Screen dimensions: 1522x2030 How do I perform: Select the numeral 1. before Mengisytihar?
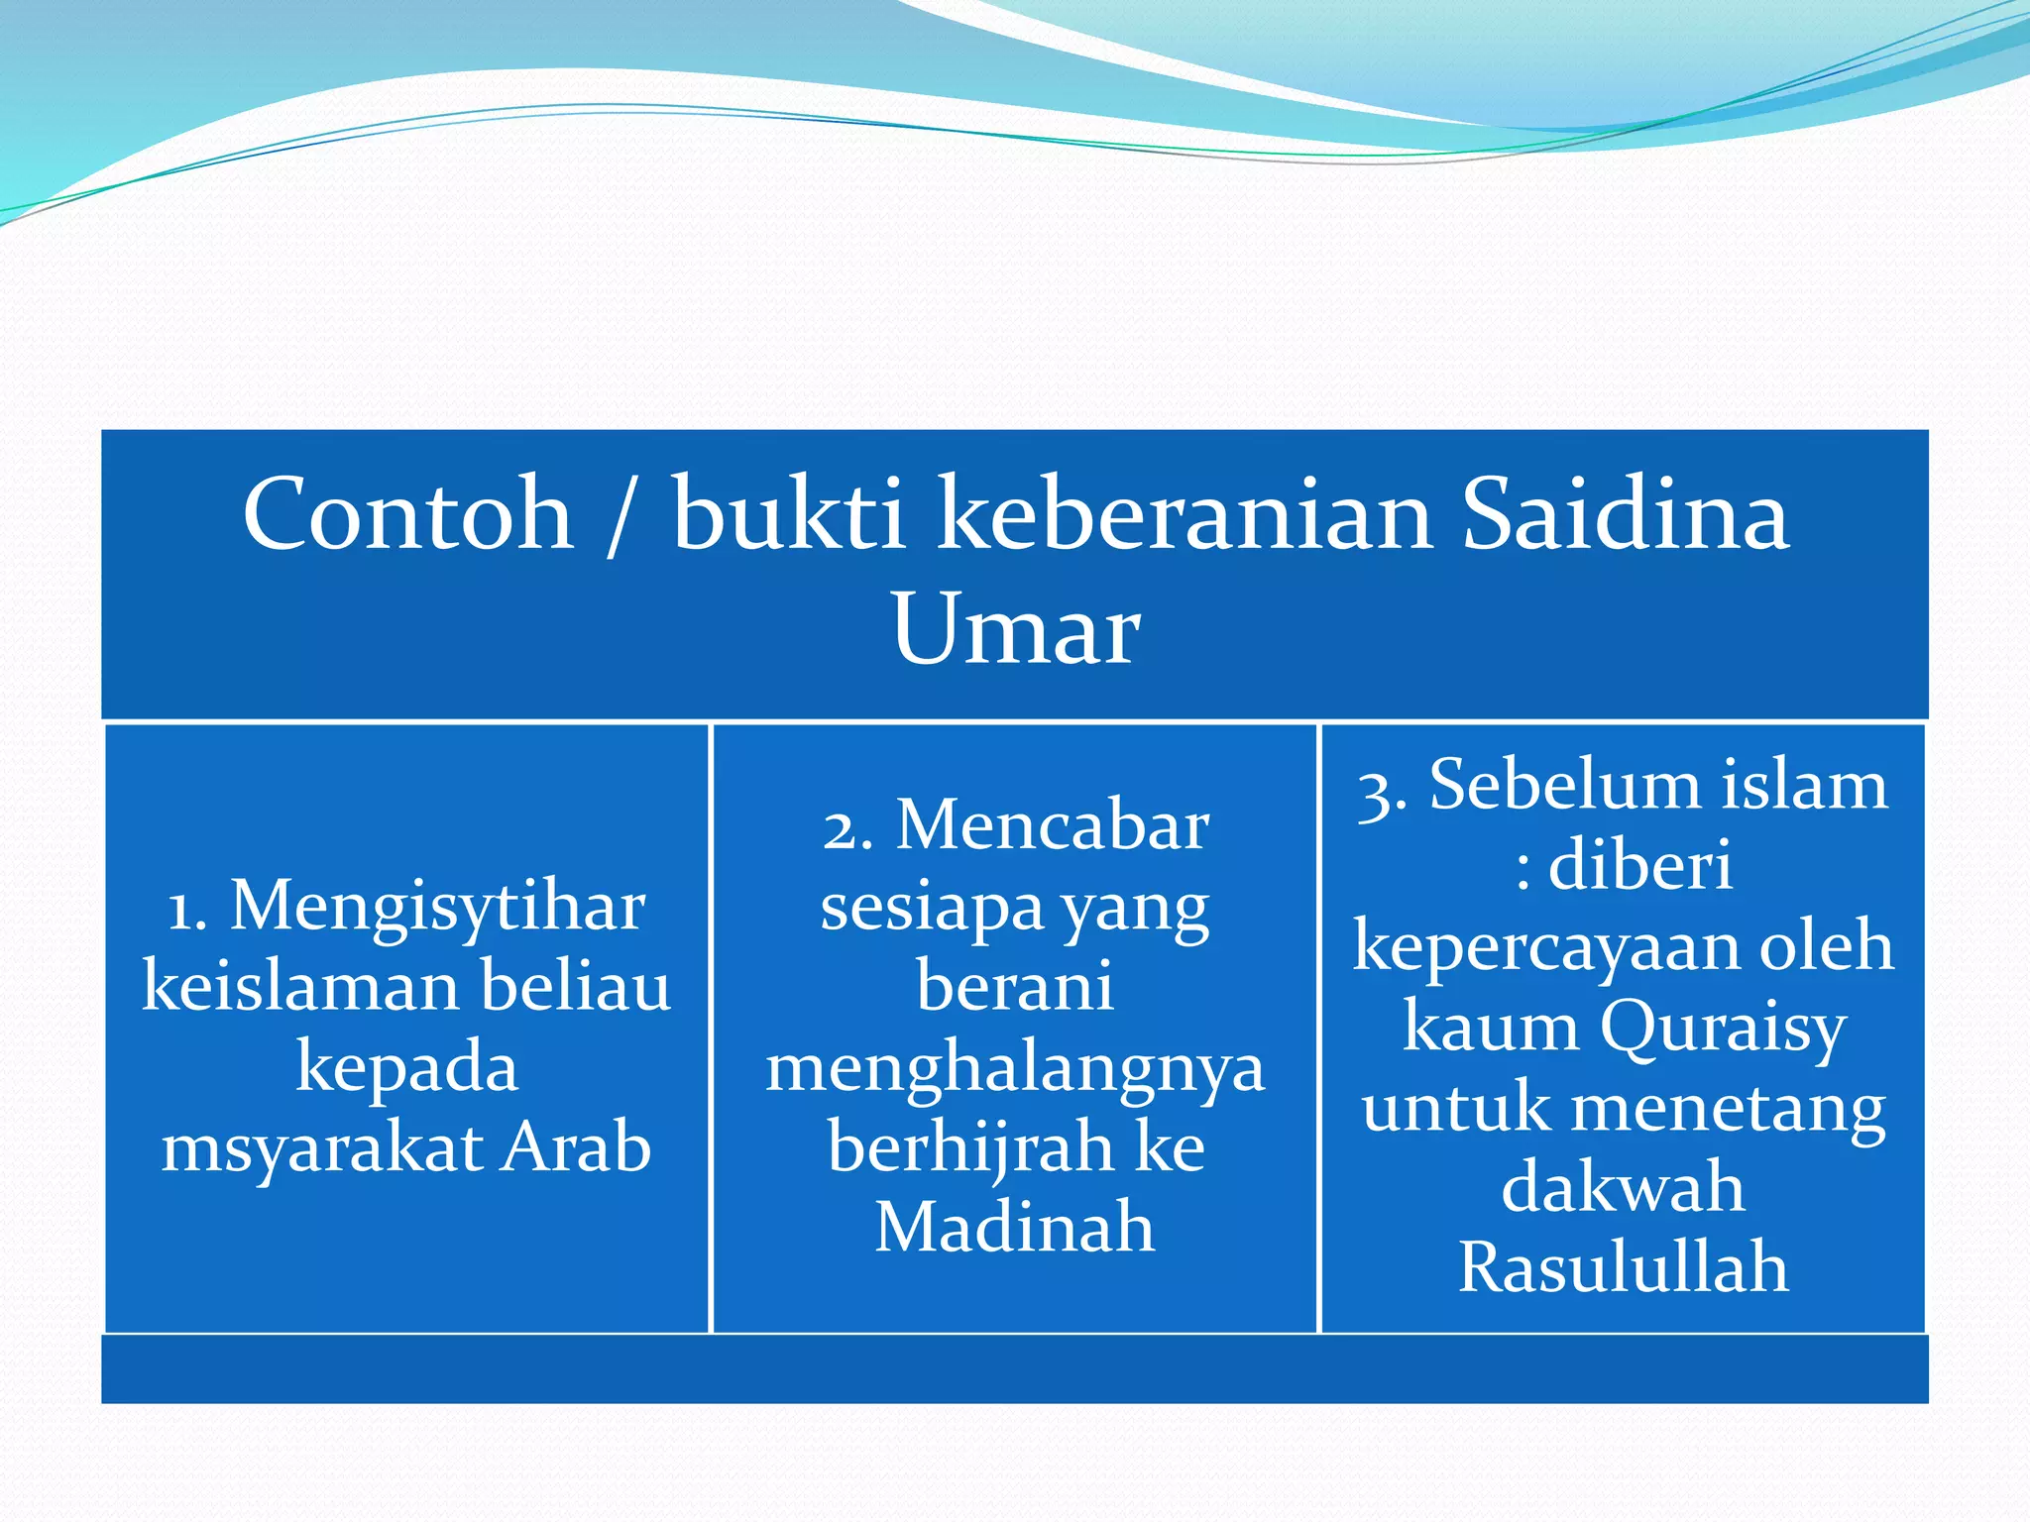pos(187,908)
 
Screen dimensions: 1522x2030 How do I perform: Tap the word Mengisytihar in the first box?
pos(437,908)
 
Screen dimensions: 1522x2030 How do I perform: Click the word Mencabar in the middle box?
pos(1052,826)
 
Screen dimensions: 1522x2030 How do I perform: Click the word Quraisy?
pos(1723,1029)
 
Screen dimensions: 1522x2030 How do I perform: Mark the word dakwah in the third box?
pos(1623,1188)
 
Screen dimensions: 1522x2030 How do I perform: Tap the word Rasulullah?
pos(1623,1268)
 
